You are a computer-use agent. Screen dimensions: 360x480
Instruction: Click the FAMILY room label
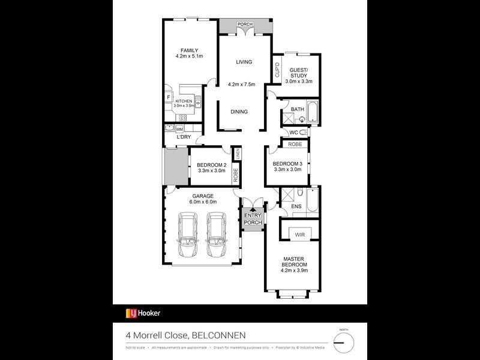pos(190,50)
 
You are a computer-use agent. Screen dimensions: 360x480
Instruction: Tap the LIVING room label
pos(243,62)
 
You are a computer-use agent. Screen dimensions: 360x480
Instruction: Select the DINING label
pos(239,112)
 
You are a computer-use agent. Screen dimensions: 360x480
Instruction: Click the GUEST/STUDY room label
pos(296,73)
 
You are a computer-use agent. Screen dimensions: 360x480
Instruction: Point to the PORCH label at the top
pos(244,24)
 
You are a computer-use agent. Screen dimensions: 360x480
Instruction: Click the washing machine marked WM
pos(179,128)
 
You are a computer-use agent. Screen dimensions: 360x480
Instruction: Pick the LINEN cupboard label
pos(238,154)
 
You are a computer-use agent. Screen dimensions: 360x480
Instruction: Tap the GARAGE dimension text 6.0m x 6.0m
pos(203,202)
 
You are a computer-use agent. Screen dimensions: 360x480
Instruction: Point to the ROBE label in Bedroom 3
pos(295,145)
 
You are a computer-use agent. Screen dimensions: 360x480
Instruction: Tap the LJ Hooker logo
pos(143,313)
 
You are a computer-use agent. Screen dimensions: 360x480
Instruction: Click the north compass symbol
pos(343,343)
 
